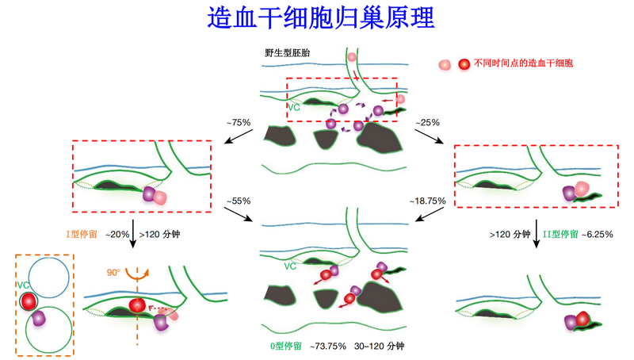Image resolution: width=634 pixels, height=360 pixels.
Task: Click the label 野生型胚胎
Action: pos(288,54)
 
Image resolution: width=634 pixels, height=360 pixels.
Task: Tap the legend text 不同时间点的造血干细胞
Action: pos(523,63)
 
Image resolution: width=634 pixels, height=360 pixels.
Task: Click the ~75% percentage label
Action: pos(238,122)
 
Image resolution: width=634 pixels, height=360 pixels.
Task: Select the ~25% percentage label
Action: pos(427,122)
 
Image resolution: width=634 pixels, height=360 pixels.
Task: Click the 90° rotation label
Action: pos(114,272)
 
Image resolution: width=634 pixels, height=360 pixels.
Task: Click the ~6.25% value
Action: pos(598,234)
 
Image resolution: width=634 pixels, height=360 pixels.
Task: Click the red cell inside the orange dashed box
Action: pos(29,301)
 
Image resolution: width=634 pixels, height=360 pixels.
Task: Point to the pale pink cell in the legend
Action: pos(446,64)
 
